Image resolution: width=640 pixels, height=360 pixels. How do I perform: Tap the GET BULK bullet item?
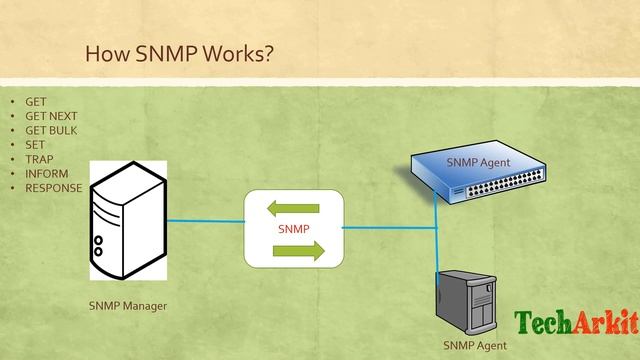[51, 130]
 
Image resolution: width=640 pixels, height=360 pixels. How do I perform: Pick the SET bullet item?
[35, 144]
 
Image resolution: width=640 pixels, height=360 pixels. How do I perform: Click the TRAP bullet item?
[39, 158]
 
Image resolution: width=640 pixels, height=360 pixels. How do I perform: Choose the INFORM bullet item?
[46, 173]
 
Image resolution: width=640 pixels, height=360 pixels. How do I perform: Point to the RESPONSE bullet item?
[53, 187]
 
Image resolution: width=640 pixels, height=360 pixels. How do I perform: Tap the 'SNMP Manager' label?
[127, 305]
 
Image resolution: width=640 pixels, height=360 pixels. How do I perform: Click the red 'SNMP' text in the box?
[293, 230]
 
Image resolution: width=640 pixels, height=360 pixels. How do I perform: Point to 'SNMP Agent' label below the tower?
[475, 345]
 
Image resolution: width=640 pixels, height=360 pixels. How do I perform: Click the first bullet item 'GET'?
[36, 102]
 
